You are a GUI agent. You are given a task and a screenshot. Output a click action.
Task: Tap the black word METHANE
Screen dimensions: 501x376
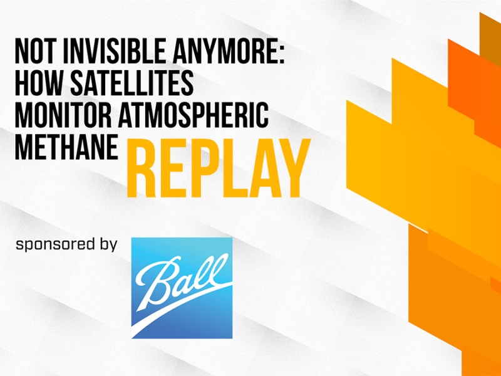click(x=66, y=147)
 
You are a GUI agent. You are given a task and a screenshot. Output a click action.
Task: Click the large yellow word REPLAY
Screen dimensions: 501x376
click(x=219, y=168)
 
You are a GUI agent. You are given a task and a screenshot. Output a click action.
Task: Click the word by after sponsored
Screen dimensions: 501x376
click(x=107, y=244)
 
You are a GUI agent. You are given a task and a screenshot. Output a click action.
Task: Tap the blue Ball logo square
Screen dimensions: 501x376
click(x=182, y=288)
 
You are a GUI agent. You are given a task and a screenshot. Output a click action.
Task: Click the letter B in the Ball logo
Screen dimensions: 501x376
click(x=157, y=281)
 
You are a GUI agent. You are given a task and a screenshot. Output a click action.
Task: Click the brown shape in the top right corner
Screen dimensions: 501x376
click(x=490, y=36)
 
